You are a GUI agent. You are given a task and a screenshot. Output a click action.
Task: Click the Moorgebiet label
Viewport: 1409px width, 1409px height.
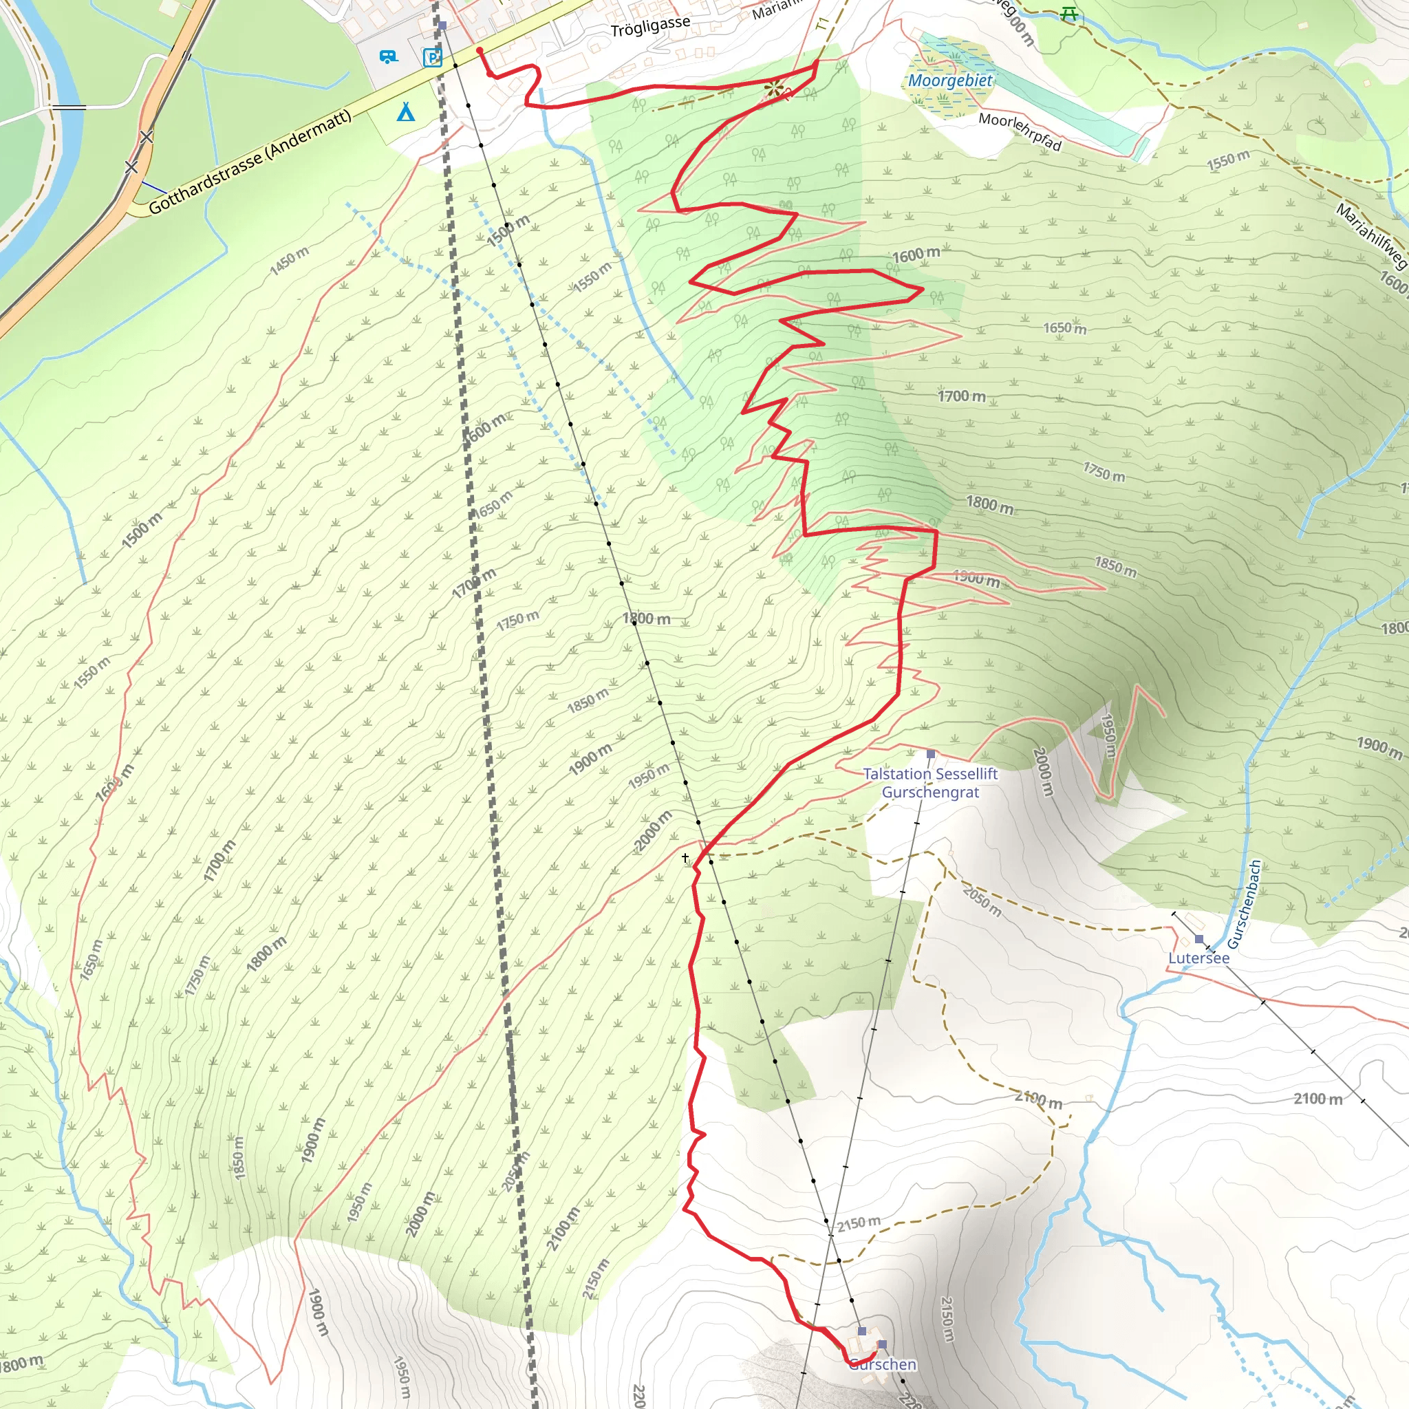tap(949, 80)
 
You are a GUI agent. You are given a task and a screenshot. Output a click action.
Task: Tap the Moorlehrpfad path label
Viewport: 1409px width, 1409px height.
tap(1020, 131)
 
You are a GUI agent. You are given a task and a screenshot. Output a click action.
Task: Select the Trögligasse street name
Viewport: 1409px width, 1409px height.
tap(649, 27)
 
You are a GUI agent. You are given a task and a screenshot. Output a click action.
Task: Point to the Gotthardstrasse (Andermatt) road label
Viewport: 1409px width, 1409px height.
tap(250, 162)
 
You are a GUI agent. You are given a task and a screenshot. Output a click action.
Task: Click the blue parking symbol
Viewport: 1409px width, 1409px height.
tap(433, 58)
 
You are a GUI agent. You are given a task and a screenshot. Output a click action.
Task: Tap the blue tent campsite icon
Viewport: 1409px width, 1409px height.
tap(405, 111)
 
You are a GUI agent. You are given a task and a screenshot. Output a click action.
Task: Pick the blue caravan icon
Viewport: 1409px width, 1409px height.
tap(389, 56)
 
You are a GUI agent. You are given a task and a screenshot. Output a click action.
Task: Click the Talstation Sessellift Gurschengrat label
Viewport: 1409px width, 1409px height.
tap(930, 782)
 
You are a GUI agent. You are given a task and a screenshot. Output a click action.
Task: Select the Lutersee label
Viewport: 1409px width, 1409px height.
tap(1198, 958)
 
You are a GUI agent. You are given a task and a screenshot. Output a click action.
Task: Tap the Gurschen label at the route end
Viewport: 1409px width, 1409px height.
tap(883, 1364)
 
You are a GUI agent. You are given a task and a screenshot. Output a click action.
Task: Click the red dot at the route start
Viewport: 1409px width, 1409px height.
tap(480, 50)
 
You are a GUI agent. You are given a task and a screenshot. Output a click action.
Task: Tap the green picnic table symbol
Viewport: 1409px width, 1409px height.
tap(1069, 13)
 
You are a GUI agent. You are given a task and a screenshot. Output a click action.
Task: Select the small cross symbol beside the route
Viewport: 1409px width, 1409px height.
tap(685, 858)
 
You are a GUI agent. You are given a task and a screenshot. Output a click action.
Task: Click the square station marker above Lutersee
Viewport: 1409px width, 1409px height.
tap(1199, 938)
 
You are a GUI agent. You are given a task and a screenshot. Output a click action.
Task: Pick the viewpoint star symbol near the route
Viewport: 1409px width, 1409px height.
tap(774, 89)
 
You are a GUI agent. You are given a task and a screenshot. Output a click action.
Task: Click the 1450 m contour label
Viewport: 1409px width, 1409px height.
tap(290, 260)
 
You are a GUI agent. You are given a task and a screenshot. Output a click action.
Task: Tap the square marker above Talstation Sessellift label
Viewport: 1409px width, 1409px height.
tap(931, 754)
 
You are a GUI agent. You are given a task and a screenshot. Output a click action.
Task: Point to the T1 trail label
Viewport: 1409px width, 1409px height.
tap(823, 24)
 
